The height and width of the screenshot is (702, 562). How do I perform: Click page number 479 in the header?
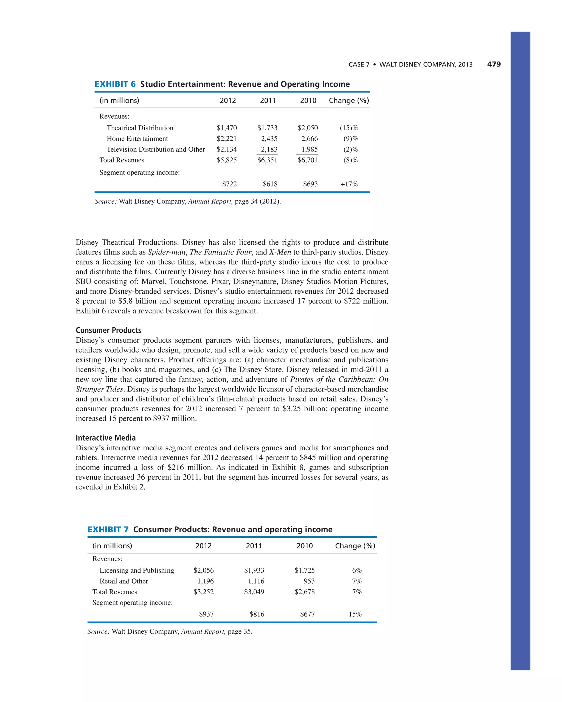(x=494, y=64)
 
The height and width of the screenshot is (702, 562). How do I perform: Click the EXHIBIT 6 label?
(x=115, y=84)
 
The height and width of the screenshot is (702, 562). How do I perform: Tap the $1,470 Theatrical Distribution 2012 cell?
(x=227, y=128)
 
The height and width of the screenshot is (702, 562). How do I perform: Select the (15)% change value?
(x=349, y=128)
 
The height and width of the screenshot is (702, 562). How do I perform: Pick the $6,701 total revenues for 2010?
(x=307, y=160)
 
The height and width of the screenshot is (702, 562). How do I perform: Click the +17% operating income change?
(x=349, y=184)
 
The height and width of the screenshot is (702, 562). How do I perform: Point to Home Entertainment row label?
(x=137, y=138)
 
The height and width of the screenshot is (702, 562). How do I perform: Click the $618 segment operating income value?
(x=270, y=184)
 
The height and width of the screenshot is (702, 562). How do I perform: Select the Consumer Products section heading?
(x=108, y=330)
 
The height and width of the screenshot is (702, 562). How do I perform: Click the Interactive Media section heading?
(x=106, y=438)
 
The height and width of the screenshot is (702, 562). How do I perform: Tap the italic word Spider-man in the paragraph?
(x=166, y=252)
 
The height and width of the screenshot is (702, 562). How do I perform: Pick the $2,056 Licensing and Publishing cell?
(x=204, y=570)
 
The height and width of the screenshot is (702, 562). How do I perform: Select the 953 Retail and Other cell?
(x=309, y=581)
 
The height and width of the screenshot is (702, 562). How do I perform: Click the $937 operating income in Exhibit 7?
(x=206, y=614)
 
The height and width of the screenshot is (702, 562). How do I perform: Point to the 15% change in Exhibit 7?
(x=355, y=614)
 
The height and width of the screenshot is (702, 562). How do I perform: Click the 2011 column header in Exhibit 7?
(x=254, y=546)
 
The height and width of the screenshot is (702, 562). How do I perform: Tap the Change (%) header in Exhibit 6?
(x=349, y=100)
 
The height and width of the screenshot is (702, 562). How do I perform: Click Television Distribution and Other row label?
(x=156, y=149)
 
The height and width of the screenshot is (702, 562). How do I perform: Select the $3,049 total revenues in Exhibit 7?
(x=254, y=592)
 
